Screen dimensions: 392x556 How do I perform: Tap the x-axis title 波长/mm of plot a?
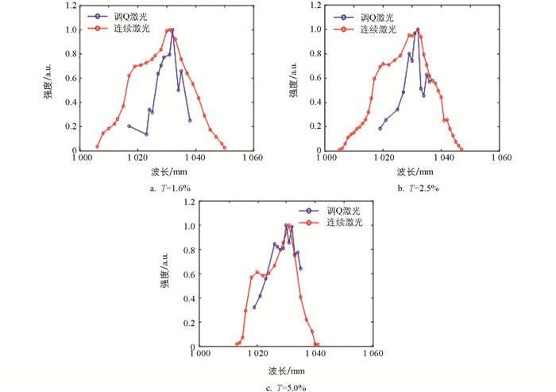pyautogui.click(x=168, y=172)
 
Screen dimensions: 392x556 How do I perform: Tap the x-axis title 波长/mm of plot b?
pyautogui.click(x=416, y=172)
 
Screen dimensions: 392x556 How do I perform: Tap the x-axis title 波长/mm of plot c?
pyautogui.click(x=285, y=370)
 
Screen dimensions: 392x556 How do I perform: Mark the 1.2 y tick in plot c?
pyautogui.click(x=188, y=202)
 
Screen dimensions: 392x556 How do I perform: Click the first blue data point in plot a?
pyautogui.click(x=129, y=126)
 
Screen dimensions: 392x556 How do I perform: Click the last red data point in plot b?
pyautogui.click(x=461, y=148)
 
